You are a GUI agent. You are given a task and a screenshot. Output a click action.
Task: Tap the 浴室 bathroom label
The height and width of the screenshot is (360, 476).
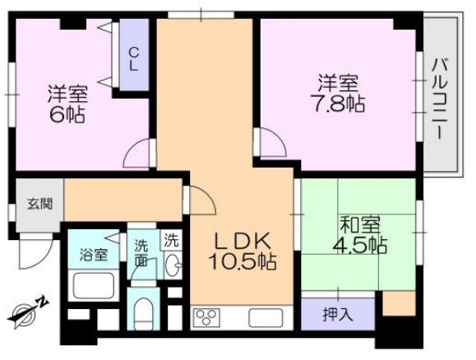tap(92, 254)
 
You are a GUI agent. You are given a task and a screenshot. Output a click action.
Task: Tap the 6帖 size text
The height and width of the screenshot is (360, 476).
tap(67, 114)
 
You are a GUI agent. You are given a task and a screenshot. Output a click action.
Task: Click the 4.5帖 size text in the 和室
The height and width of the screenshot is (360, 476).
tap(362, 244)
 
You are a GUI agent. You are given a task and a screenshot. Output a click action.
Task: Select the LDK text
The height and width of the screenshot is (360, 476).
tap(242, 241)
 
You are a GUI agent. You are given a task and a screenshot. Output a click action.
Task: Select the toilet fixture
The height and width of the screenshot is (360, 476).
tap(143, 313)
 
